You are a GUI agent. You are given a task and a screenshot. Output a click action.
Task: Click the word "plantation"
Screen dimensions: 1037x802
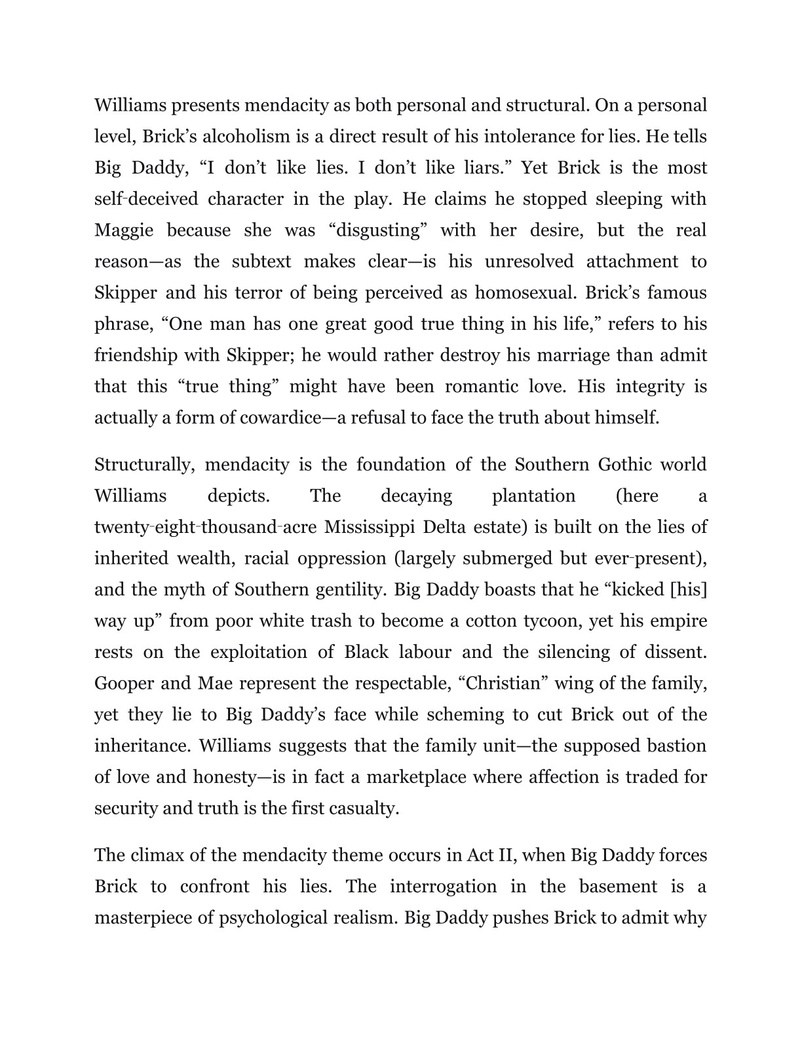point(533,496)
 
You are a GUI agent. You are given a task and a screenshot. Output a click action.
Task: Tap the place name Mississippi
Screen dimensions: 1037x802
point(371,527)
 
